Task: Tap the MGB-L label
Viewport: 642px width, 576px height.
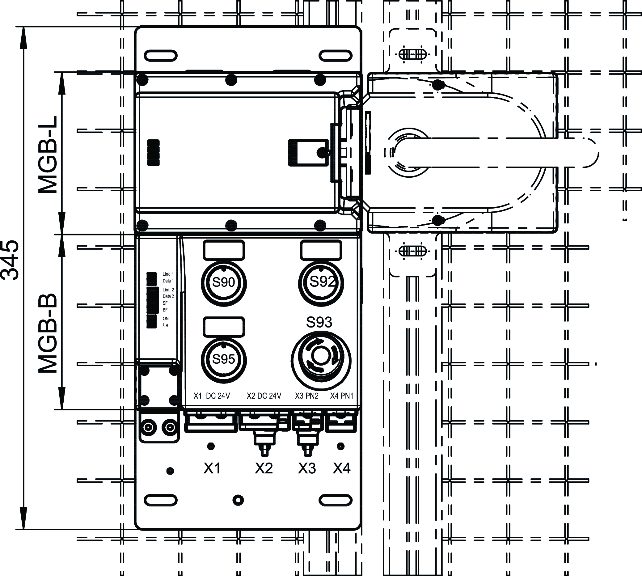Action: pyautogui.click(x=48, y=155)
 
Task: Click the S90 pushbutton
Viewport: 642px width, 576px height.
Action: pyautogui.click(x=224, y=282)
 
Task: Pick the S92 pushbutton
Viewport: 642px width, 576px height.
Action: pyautogui.click(x=321, y=282)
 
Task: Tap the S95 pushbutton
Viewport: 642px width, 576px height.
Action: pyautogui.click(x=224, y=359)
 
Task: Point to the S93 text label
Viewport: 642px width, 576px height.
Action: pyautogui.click(x=319, y=322)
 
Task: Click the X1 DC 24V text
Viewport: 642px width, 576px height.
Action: pyautogui.click(x=212, y=396)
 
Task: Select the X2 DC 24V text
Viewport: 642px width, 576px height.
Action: pyautogui.click(x=264, y=396)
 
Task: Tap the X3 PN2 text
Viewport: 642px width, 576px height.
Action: pyautogui.click(x=306, y=396)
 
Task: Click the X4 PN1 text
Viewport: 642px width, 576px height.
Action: pyautogui.click(x=342, y=396)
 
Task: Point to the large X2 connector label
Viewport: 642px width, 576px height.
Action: pyautogui.click(x=264, y=468)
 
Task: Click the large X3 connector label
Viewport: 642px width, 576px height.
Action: pyautogui.click(x=306, y=468)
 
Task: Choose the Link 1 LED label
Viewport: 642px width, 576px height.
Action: pyautogui.click(x=168, y=274)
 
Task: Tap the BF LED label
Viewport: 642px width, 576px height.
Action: pyautogui.click(x=165, y=310)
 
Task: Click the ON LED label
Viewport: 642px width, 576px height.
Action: pyautogui.click(x=166, y=318)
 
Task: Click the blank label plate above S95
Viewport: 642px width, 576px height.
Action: pyautogui.click(x=223, y=327)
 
